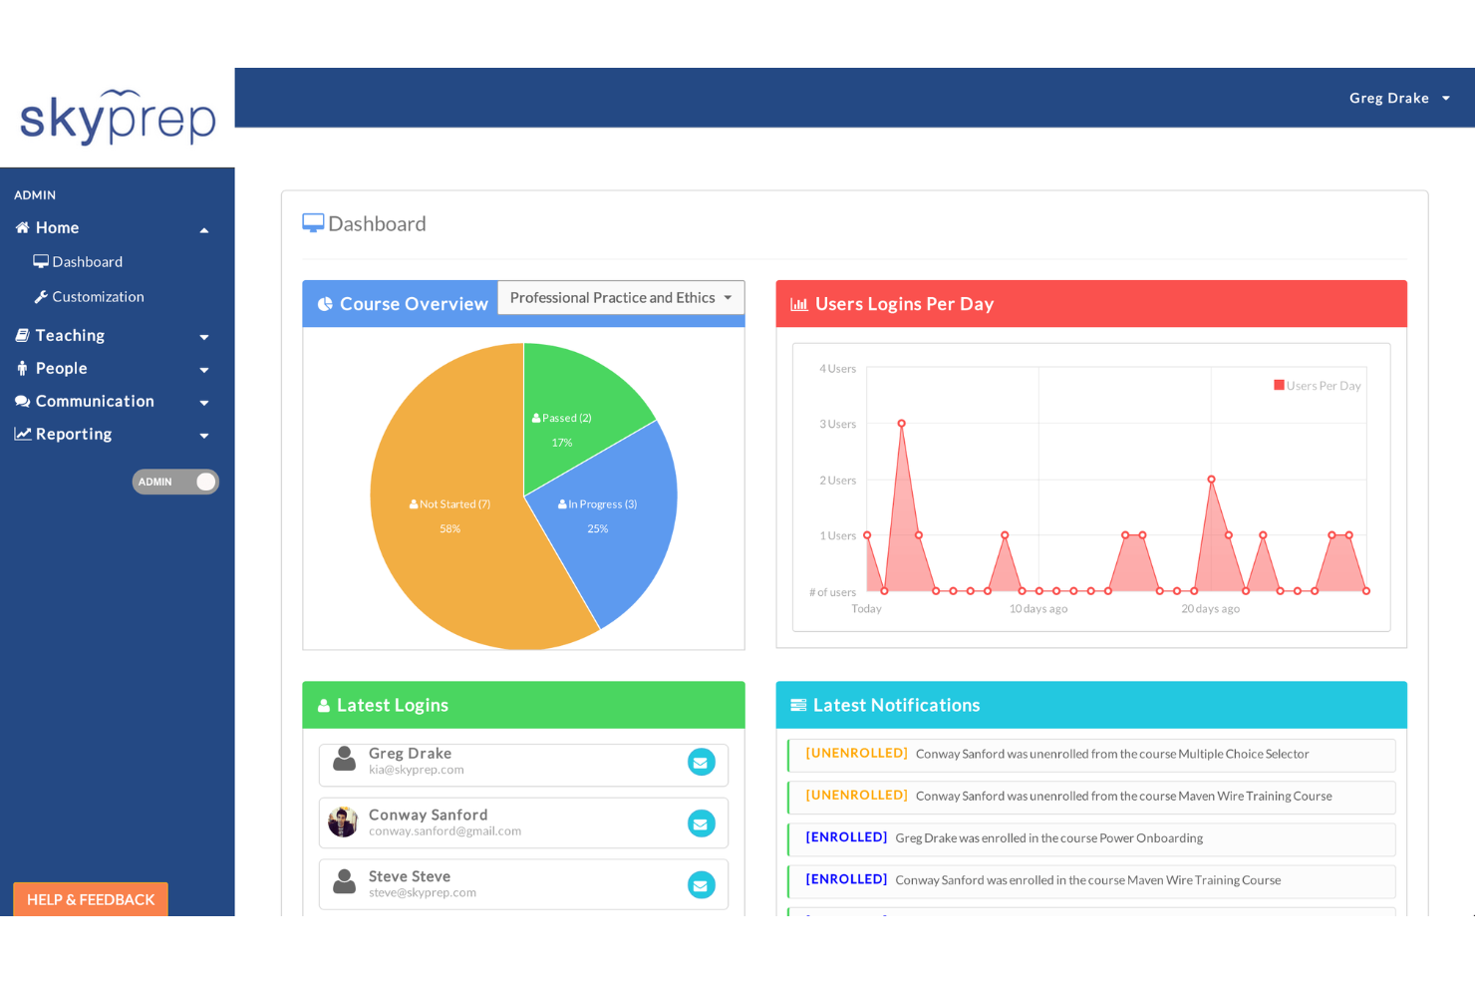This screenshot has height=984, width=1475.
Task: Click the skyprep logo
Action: click(118, 118)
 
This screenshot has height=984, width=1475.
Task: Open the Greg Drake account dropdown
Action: click(1398, 98)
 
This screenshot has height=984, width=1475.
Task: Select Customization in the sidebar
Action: click(98, 297)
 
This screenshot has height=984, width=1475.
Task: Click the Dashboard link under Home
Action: click(87, 262)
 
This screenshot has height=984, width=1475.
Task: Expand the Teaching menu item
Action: click(70, 336)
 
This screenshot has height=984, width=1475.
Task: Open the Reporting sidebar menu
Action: click(74, 435)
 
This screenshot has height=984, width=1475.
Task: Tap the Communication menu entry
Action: click(95, 402)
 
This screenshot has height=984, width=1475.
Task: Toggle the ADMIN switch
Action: click(175, 482)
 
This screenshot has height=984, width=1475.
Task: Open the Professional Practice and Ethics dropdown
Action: click(620, 298)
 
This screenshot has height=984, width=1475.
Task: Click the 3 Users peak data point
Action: click(901, 424)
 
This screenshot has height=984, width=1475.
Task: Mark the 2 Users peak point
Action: click(1211, 480)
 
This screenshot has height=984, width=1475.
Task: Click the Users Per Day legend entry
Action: click(1317, 386)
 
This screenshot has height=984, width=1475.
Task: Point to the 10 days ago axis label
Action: click(1037, 609)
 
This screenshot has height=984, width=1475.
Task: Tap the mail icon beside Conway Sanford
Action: click(701, 823)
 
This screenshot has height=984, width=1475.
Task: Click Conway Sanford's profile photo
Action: click(343, 822)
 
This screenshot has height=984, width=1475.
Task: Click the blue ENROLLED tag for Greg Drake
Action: click(846, 837)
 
